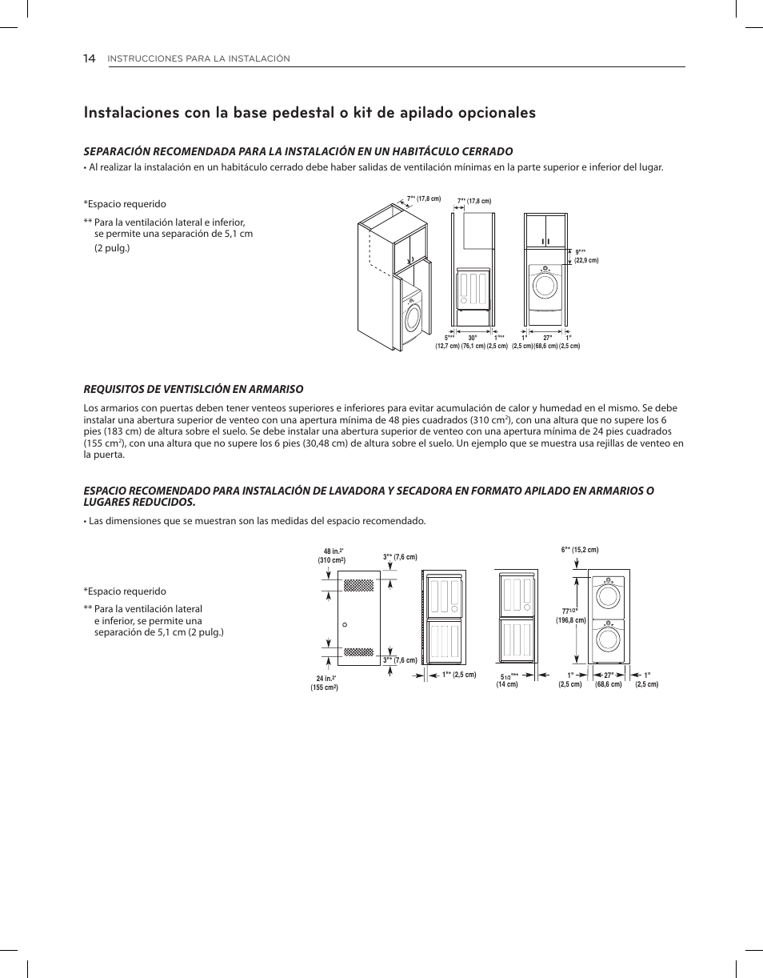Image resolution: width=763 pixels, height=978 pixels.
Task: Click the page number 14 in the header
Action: click(x=89, y=58)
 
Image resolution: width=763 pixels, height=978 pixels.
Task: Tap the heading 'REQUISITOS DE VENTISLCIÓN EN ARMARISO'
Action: click(x=194, y=389)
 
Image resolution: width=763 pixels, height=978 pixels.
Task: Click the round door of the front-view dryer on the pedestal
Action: click(x=545, y=286)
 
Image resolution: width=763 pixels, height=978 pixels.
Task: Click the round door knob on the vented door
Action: click(x=343, y=624)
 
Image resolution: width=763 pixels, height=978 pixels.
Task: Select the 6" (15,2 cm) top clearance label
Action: click(x=579, y=550)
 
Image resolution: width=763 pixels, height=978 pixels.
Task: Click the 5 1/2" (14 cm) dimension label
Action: click(x=507, y=679)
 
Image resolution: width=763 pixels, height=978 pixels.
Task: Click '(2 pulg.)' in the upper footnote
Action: click(x=112, y=248)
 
